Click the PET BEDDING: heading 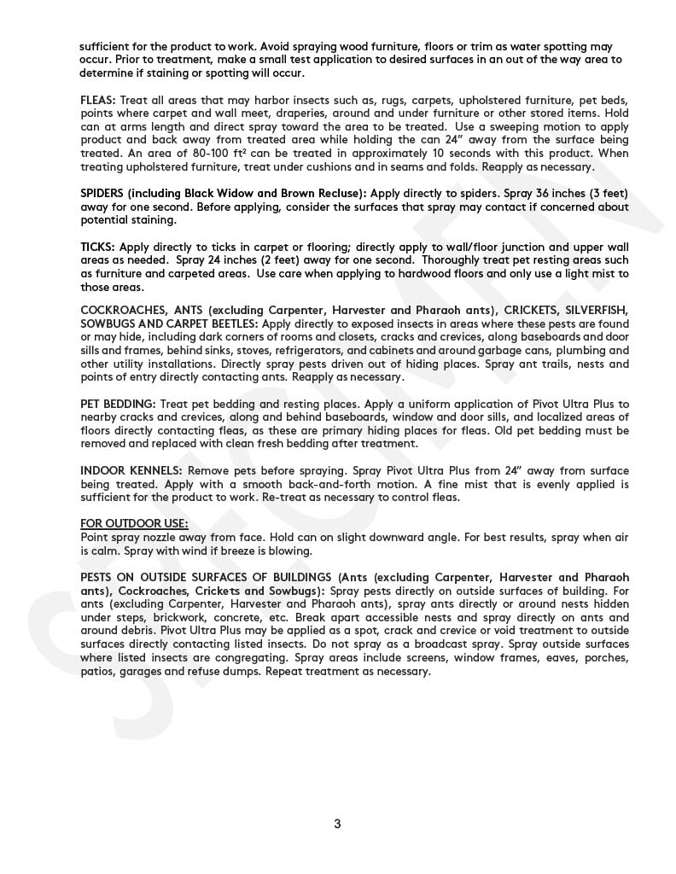click(x=118, y=404)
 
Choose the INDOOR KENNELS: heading click(x=131, y=471)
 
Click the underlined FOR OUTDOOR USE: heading click(x=134, y=524)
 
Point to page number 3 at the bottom click(x=337, y=824)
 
